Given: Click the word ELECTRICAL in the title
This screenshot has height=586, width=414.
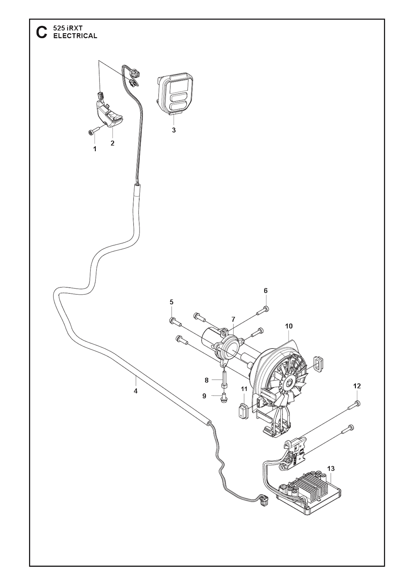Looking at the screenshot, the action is pos(75,36).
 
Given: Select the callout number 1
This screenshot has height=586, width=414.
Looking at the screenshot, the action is pos(95,149).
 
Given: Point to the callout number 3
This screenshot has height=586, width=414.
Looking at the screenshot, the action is pos(174,130).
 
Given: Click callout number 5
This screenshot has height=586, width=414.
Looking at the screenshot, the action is pos(171,302).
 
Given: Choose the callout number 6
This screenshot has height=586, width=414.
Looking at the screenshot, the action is pos(266,291).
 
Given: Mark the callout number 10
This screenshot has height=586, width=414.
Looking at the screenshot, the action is pos(289,326).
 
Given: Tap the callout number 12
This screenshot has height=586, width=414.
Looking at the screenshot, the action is pos(357,386).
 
